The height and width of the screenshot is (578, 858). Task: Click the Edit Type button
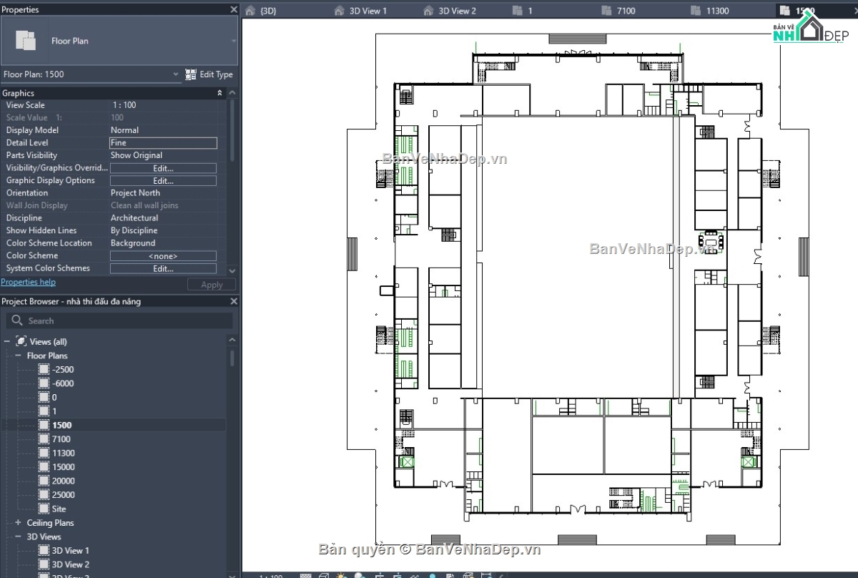tap(209, 74)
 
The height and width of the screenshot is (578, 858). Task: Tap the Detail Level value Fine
tap(163, 143)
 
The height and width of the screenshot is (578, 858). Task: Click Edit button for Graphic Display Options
tap(163, 181)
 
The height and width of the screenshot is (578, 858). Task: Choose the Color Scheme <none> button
tap(163, 256)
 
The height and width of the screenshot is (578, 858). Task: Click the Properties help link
tap(28, 283)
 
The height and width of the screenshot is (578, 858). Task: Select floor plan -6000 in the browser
tap(63, 383)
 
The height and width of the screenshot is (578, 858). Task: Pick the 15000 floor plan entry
tap(63, 467)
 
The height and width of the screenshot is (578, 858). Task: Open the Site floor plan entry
tap(59, 509)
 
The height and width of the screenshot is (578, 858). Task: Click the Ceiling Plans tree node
tap(50, 523)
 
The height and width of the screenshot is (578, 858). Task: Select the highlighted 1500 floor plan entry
tap(61, 426)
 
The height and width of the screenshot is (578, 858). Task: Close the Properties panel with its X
tap(233, 9)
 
